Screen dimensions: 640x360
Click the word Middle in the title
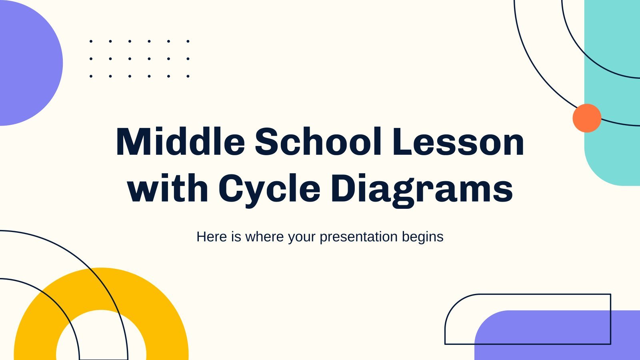pos(180,142)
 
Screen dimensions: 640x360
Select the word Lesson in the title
pos(458,142)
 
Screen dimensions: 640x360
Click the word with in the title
pos(168,188)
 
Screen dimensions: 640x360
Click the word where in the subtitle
pos(264,236)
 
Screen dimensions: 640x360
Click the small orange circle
pos(587,118)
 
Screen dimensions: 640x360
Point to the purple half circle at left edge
pos(30,63)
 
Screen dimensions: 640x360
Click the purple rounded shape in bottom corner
pos(557,335)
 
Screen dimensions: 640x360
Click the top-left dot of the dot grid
pos(91,42)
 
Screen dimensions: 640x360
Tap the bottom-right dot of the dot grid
pos(188,76)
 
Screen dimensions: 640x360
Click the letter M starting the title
pos(132,142)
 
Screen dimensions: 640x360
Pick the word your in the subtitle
pos(302,238)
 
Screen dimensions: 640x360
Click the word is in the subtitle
pos(236,236)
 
